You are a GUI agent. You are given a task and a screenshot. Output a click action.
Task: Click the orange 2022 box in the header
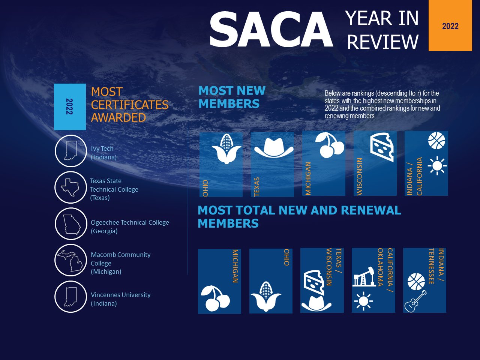[x=450, y=25]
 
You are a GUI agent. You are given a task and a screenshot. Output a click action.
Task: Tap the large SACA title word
[x=271, y=29]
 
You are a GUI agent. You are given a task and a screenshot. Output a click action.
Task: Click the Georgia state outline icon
[x=72, y=225]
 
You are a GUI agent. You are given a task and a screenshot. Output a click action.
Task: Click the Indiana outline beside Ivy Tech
[x=70, y=150]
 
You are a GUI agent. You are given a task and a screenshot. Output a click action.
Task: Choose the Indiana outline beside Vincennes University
[x=70, y=297]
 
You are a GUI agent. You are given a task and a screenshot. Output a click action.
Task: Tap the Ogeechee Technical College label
[x=130, y=226]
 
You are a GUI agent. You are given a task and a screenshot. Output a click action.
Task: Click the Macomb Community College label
[x=120, y=263]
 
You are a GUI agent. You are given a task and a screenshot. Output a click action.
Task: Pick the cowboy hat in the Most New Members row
[x=274, y=148]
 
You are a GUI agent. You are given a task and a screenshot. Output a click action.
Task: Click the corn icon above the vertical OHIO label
[x=226, y=148]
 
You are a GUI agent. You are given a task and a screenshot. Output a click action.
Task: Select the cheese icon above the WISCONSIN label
[x=382, y=147]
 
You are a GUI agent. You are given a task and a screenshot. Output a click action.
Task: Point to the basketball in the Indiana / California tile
[x=436, y=141]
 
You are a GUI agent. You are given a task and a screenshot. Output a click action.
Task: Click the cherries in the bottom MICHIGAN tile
[x=215, y=298]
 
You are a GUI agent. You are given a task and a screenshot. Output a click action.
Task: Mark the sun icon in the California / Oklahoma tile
[x=363, y=301]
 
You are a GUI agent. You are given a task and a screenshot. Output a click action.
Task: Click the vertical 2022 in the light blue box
[x=69, y=106]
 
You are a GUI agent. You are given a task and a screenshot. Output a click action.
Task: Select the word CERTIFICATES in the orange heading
[x=130, y=105]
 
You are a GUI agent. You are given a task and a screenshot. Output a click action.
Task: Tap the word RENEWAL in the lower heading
[x=371, y=210]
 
